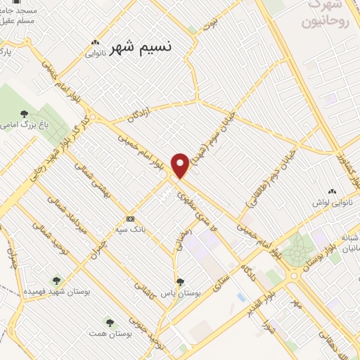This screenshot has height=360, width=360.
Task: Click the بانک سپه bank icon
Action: coord(129,217)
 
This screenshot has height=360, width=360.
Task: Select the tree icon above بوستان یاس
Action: coord(180,282)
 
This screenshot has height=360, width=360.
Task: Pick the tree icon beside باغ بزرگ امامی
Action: coord(25,113)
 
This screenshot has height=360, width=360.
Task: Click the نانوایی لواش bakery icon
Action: coord(332,191)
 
